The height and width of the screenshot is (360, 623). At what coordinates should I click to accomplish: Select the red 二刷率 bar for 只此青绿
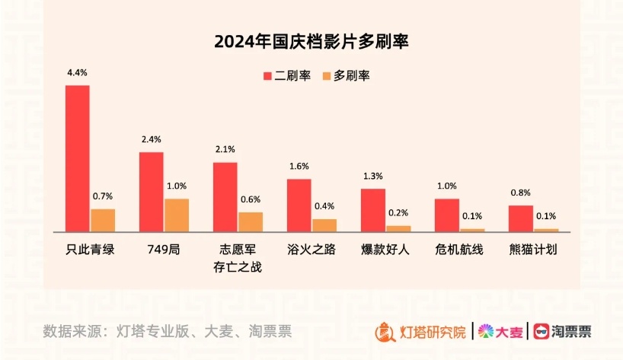pyautogui.click(x=77, y=158)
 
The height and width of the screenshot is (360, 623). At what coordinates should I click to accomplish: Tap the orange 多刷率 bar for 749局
pyautogui.click(x=177, y=215)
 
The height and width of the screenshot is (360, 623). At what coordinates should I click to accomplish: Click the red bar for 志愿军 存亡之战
pyautogui.click(x=225, y=196)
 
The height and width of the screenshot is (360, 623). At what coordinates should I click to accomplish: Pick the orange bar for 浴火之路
pyautogui.click(x=324, y=225)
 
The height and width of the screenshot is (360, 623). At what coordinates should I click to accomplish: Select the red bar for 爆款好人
pyautogui.click(x=372, y=209)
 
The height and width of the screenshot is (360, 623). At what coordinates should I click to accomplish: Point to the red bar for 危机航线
pyautogui.click(x=446, y=215)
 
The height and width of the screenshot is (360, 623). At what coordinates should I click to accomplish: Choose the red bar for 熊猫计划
pyautogui.click(x=520, y=218)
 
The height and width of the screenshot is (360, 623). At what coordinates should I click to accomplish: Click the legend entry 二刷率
pyautogui.click(x=286, y=75)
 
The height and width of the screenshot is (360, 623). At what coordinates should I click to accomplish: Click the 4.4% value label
pyautogui.click(x=77, y=73)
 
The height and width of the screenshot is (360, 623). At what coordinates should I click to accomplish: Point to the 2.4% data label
pyautogui.click(x=151, y=140)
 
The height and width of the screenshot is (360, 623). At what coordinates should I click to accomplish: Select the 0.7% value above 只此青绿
pyautogui.click(x=103, y=196)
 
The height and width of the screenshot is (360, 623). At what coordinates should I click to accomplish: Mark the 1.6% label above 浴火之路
pyautogui.click(x=299, y=167)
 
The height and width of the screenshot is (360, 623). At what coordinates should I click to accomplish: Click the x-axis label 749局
pyautogui.click(x=163, y=250)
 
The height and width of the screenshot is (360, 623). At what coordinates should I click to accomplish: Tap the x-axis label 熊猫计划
pyautogui.click(x=532, y=250)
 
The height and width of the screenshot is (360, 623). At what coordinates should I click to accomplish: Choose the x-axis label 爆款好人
pyautogui.click(x=385, y=250)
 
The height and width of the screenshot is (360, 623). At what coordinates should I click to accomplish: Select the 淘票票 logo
pyautogui.click(x=563, y=332)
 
